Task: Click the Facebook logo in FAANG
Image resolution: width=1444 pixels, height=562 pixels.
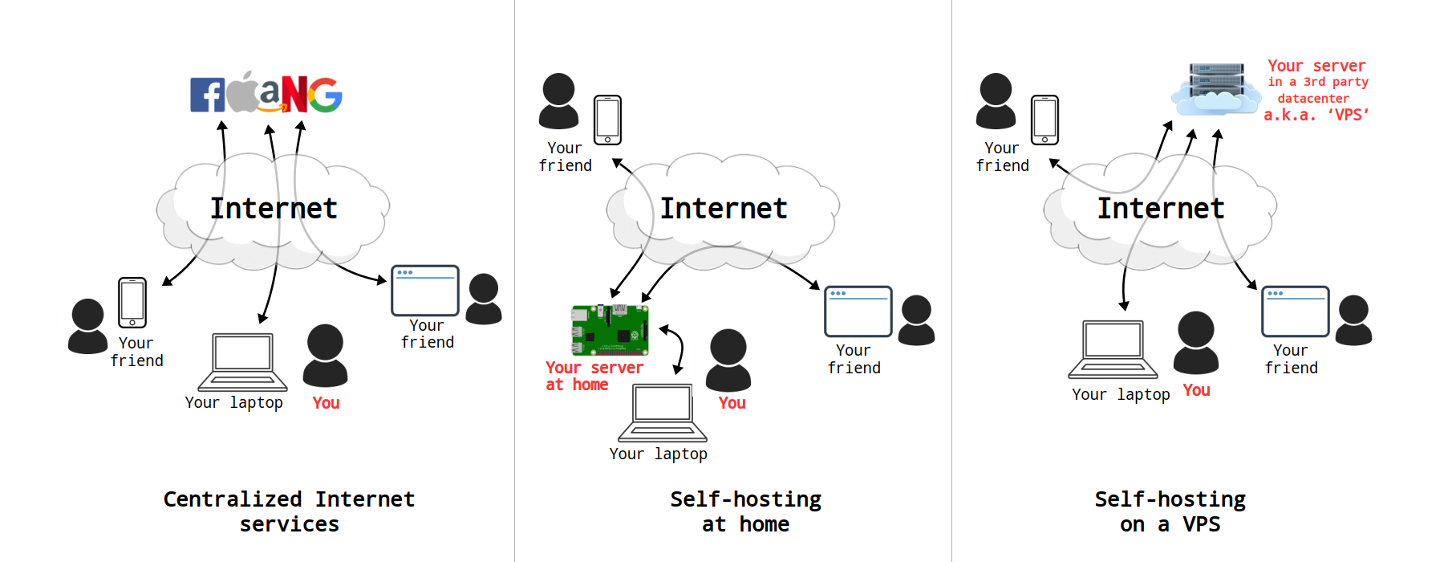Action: [207, 95]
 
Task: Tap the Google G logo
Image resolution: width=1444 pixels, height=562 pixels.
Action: [326, 95]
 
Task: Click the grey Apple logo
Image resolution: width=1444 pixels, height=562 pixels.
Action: [242, 93]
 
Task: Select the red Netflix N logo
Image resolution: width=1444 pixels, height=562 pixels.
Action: [294, 95]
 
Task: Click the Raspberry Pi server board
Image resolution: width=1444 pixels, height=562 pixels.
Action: [610, 330]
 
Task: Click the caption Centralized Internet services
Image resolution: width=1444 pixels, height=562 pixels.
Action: [289, 511]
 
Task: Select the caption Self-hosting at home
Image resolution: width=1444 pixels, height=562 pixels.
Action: [745, 511]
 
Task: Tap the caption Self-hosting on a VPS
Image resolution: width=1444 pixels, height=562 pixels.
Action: [1170, 511]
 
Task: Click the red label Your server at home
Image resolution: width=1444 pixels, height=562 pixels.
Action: [594, 376]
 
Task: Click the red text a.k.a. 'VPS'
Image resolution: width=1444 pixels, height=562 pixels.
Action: [1316, 115]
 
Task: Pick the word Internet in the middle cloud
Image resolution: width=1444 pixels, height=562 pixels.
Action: [724, 209]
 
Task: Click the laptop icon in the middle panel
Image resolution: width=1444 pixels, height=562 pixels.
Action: [662, 412]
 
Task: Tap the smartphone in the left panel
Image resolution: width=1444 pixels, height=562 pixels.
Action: [132, 303]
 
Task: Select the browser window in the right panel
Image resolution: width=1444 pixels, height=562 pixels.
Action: [1295, 312]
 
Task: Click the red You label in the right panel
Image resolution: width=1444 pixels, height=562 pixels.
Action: [1196, 390]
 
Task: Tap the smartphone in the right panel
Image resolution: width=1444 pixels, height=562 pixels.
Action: [1044, 120]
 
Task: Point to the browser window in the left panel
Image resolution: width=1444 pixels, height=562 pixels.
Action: [424, 291]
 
